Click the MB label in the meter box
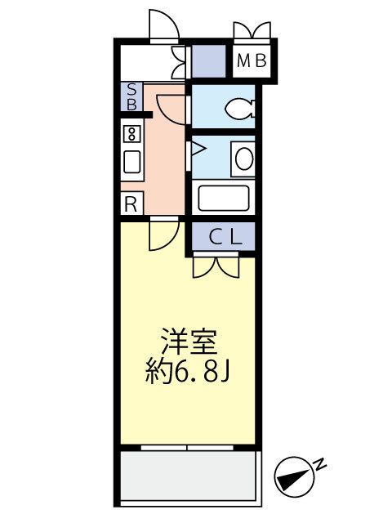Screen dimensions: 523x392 click(x=250, y=60)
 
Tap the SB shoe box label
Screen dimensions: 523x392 click(x=130, y=97)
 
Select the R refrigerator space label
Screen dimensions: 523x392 click(x=130, y=204)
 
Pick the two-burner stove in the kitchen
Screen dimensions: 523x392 click(x=131, y=133)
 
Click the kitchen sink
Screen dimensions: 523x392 click(x=131, y=161)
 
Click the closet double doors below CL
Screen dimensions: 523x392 click(x=216, y=267)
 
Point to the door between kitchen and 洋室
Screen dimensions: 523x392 click(x=162, y=235)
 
